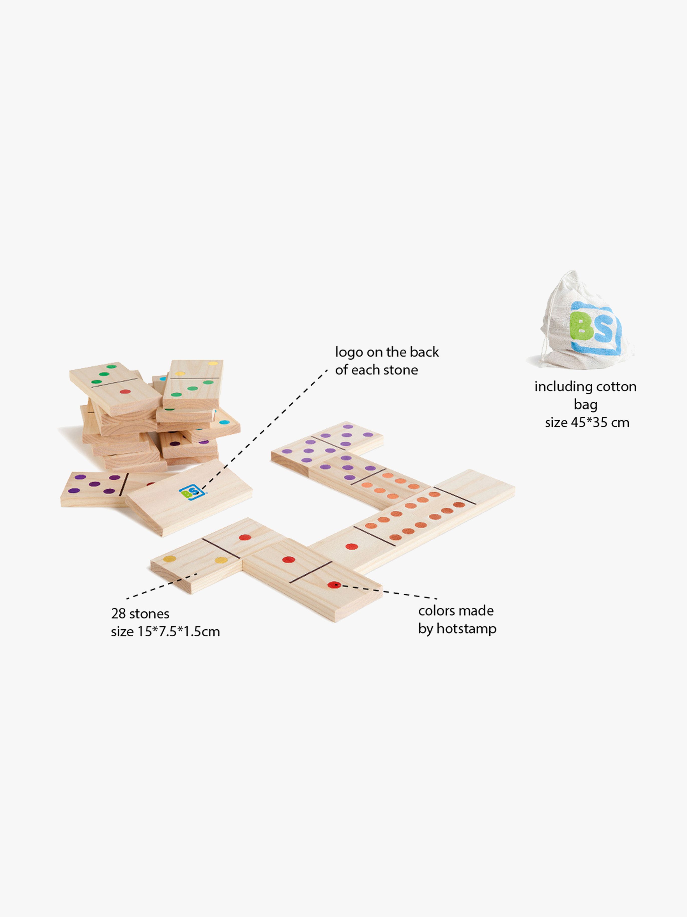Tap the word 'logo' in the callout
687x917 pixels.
349,352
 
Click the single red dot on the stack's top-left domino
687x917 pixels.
125,391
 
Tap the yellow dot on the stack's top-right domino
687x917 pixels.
213,363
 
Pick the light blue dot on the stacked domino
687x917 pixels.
224,423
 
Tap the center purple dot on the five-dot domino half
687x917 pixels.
94,484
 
